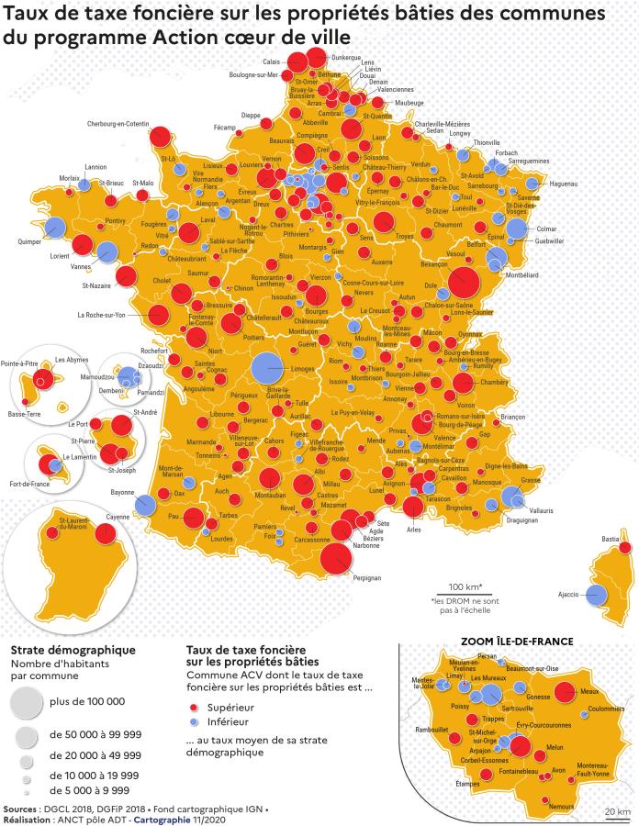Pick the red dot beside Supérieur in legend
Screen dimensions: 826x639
[x=194, y=709]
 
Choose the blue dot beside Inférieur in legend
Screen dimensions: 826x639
[x=194, y=722]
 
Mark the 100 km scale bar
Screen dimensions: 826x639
[x=465, y=594]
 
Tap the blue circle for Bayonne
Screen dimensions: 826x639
[x=144, y=504]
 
